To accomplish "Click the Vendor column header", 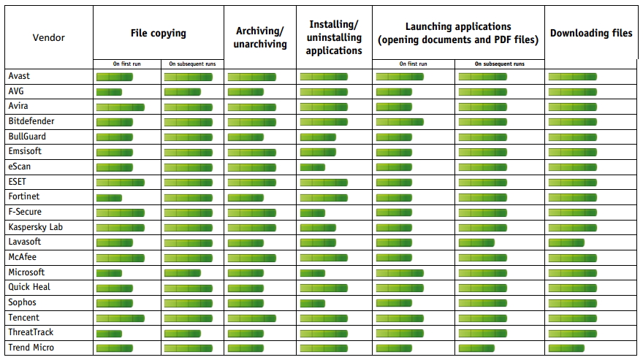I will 49,37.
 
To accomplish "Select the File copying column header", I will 158,33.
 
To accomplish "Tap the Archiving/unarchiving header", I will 259,37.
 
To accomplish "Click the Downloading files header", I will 591,33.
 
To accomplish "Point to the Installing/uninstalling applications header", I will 334,38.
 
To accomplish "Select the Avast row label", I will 19,76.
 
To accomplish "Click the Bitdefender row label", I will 31,121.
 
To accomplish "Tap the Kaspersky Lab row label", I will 36,227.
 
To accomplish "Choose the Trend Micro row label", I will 31,348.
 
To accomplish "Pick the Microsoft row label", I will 26,272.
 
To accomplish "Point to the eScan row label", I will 20,166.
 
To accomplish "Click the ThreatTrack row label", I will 31,332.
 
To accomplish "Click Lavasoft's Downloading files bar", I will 566,242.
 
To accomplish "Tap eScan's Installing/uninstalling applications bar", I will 312,167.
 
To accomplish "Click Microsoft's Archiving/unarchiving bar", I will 246,273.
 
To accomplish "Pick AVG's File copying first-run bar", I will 109,91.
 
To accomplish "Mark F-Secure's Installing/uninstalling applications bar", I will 312,212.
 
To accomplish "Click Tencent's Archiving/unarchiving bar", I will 251,318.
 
